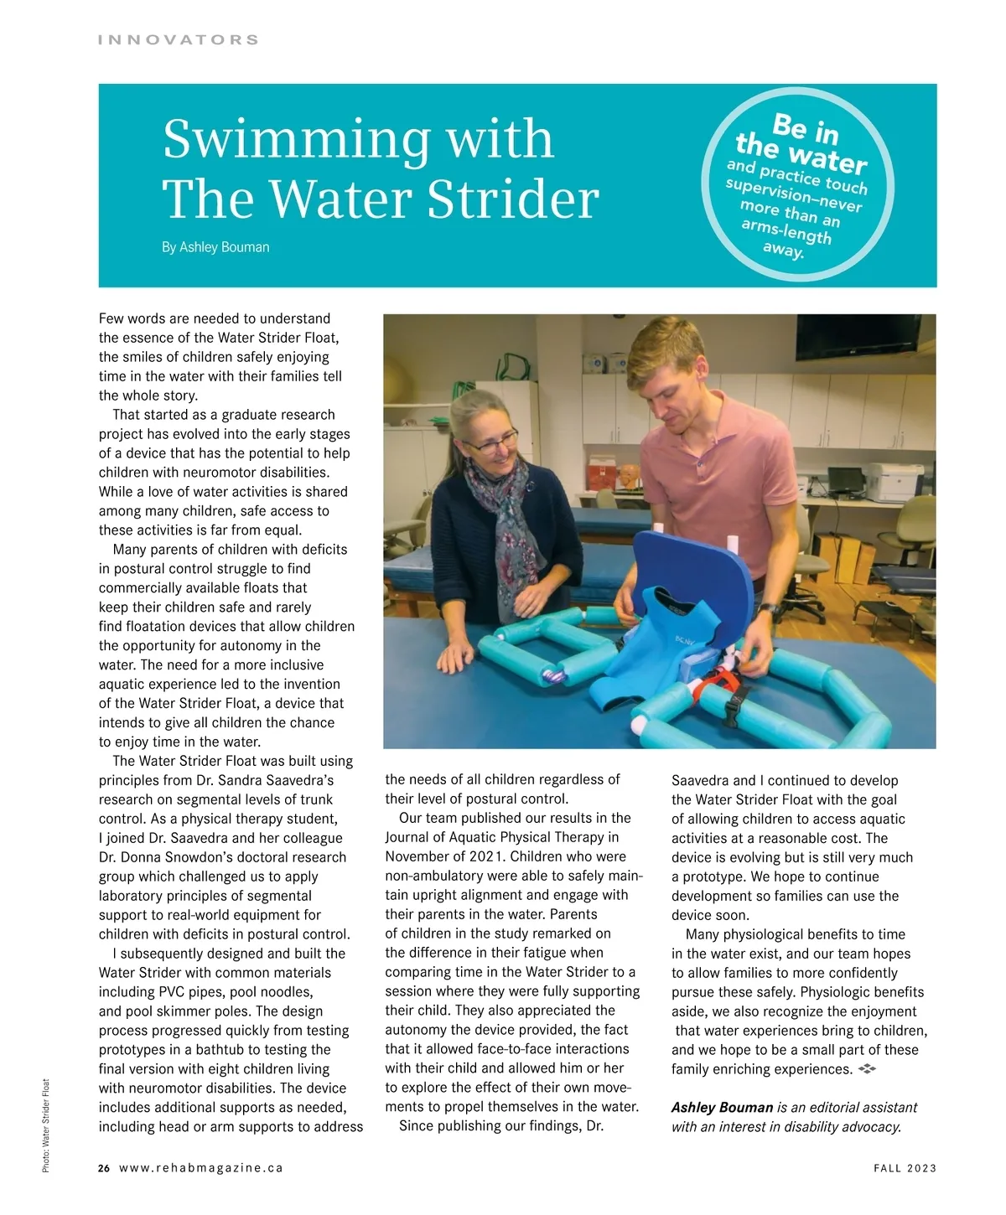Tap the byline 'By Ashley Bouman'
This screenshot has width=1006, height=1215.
(x=215, y=247)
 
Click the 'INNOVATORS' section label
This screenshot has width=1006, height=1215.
(x=179, y=39)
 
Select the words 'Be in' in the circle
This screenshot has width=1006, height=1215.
(x=805, y=128)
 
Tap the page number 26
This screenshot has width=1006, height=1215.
(x=104, y=1168)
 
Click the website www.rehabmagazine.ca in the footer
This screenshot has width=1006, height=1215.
(x=201, y=1168)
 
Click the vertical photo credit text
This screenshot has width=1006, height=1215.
(x=46, y=1125)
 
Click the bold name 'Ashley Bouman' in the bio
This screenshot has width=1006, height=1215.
(x=722, y=1108)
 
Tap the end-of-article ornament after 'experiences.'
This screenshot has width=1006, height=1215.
(x=867, y=1069)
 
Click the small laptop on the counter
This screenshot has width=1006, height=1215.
(x=845, y=480)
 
